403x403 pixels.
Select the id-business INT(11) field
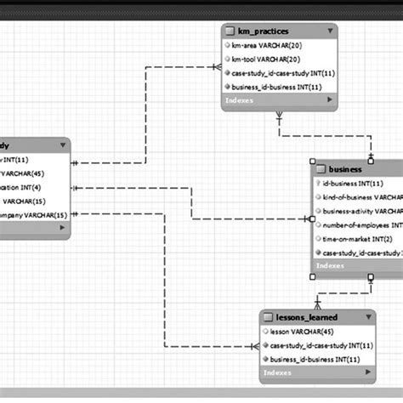point(354,182)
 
